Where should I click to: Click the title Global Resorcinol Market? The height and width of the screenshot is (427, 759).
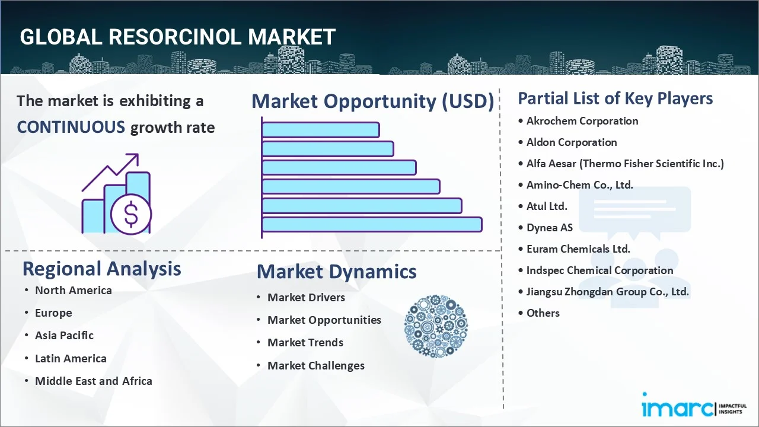[178, 37]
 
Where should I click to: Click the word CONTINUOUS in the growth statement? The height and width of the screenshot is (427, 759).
[71, 127]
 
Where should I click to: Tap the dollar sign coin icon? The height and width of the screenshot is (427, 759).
[131, 215]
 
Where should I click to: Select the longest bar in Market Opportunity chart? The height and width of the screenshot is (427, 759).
[372, 224]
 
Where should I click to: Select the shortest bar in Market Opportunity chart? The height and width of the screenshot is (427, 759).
[320, 129]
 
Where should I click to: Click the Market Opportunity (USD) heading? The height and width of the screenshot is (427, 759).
[372, 101]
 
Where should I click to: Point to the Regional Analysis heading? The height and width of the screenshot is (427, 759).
[101, 269]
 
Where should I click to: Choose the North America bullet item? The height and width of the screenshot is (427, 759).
[73, 290]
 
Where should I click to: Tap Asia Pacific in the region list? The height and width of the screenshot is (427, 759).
[64, 335]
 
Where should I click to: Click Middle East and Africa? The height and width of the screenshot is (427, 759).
[93, 381]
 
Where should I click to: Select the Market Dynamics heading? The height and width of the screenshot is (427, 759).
[336, 272]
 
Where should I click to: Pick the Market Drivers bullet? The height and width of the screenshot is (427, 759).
[306, 297]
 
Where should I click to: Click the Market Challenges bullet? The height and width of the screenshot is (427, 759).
[315, 365]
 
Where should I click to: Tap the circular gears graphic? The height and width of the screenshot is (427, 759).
[436, 327]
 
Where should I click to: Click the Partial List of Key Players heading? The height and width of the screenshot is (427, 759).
[615, 98]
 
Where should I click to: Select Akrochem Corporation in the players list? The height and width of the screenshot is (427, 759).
[582, 121]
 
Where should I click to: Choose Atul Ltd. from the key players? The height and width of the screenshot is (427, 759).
[547, 206]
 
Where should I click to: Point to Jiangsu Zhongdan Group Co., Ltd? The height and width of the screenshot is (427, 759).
[607, 292]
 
